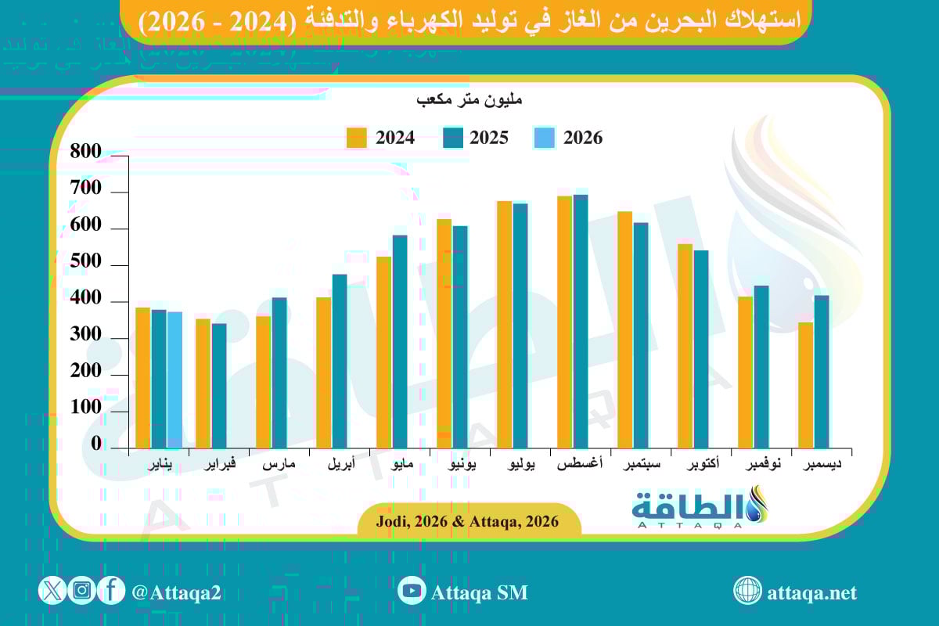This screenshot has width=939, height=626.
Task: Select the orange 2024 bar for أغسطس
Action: point(564,322)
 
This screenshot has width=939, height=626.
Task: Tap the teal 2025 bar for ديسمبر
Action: point(821,372)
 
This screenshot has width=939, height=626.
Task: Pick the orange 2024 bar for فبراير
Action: point(203,383)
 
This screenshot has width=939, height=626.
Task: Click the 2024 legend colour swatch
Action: point(357,138)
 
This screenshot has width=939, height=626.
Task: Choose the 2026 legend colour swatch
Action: point(545,138)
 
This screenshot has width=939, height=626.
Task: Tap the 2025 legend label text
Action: point(489,138)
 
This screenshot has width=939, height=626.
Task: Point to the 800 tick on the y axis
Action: point(85,153)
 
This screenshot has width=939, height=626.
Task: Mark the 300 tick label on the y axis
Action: point(85,335)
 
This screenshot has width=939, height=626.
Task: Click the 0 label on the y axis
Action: point(95,444)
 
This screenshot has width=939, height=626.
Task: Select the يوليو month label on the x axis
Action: point(522,465)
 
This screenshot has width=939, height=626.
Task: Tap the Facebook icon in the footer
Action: point(111,591)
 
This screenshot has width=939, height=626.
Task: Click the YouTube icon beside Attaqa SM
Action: point(412,591)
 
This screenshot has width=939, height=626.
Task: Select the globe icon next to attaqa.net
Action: point(747,591)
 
